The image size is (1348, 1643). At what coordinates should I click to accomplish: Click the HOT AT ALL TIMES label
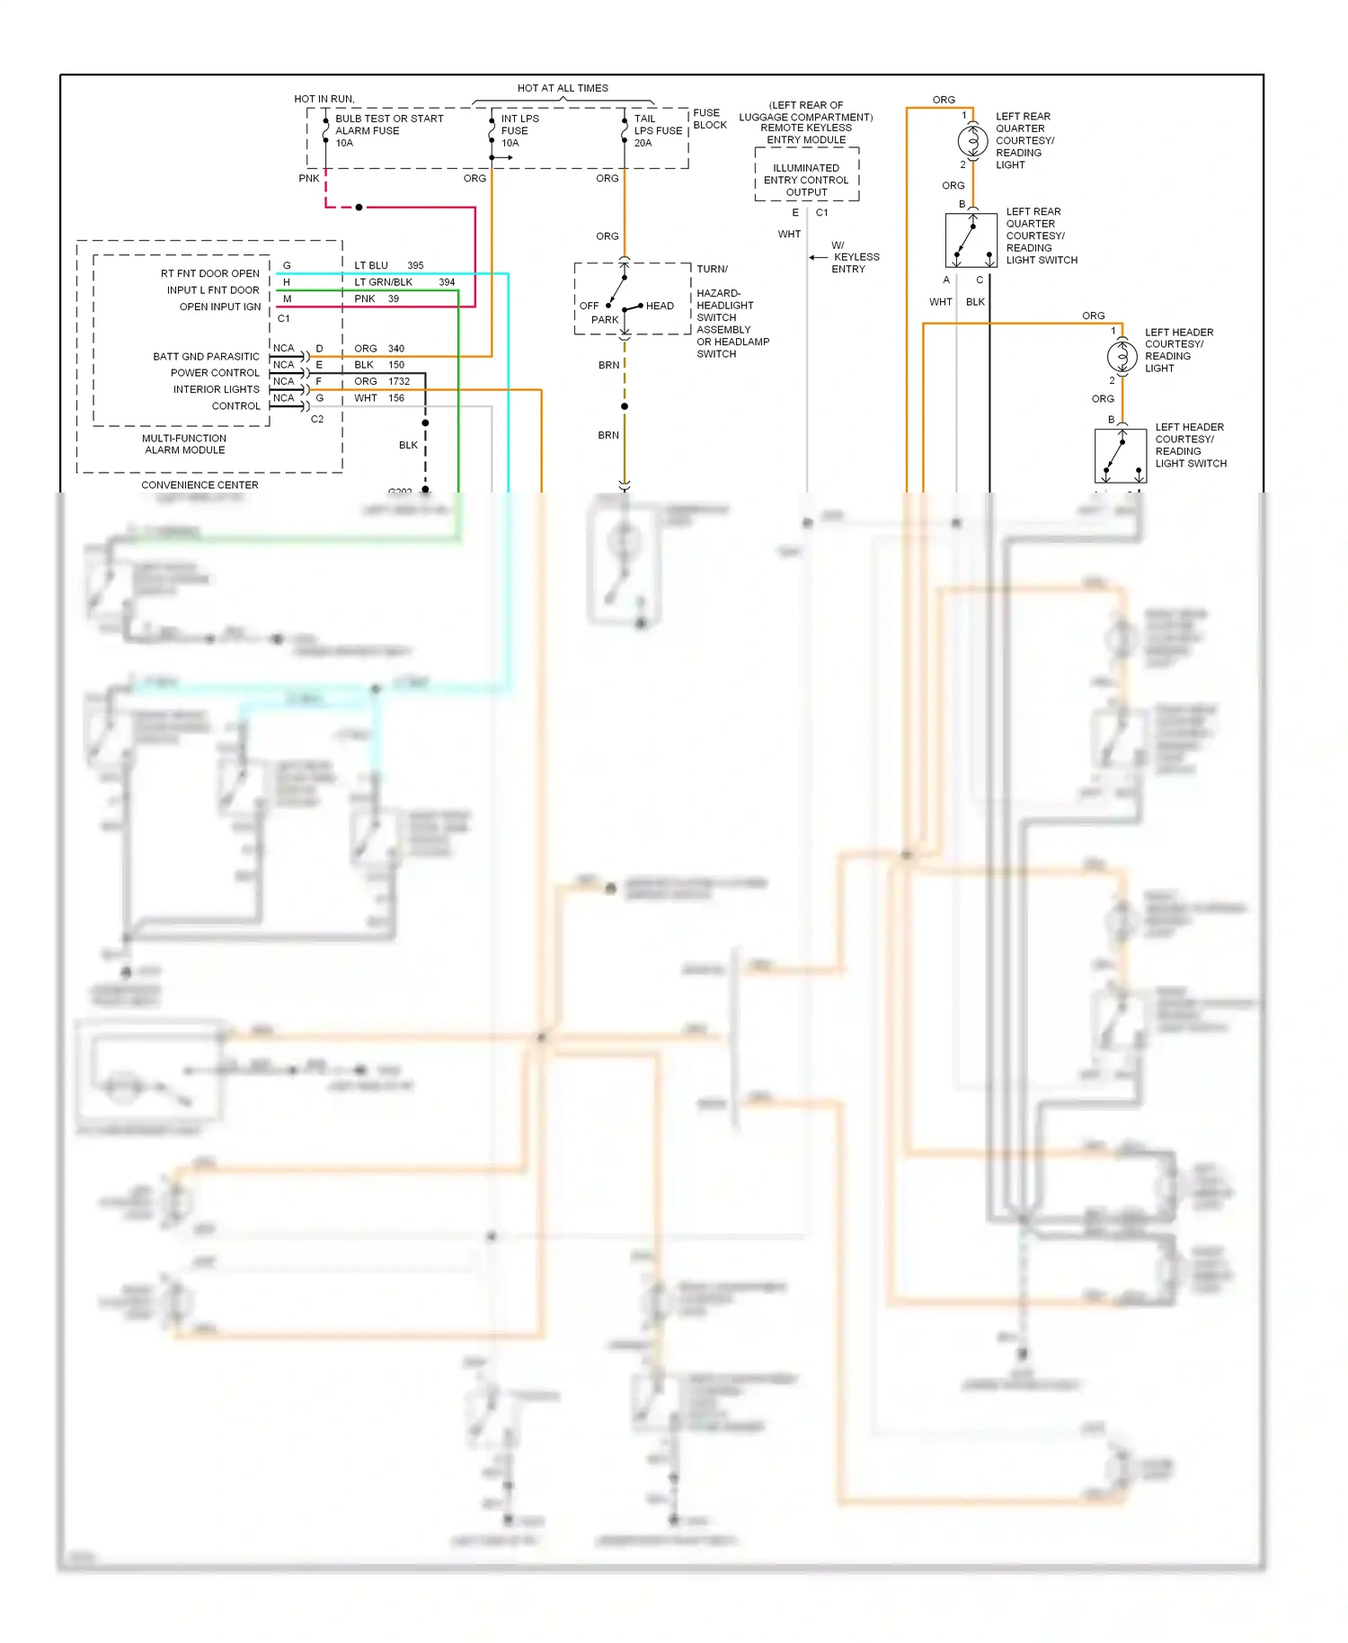(563, 88)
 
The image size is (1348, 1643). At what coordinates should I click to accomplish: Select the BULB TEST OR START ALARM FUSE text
(388, 125)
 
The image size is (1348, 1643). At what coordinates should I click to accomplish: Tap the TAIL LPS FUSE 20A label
(657, 131)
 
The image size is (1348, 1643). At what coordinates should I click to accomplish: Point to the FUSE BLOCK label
(709, 119)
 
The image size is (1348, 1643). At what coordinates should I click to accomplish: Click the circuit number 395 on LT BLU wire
(415, 266)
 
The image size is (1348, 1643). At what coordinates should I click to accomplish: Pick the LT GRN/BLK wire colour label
(383, 282)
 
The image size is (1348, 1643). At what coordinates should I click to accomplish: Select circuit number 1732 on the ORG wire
(399, 382)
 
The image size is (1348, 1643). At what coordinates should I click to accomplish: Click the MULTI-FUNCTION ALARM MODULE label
(184, 445)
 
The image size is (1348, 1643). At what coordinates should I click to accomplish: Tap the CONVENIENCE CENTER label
(200, 485)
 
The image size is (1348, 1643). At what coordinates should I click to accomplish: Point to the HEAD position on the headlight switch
(660, 306)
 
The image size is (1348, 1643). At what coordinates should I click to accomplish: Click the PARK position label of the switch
(605, 320)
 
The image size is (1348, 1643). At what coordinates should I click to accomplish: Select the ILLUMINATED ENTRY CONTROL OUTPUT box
(806, 180)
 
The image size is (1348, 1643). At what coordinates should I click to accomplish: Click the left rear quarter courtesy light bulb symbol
(972, 141)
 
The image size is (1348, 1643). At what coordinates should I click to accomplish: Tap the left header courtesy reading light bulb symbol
(1122, 357)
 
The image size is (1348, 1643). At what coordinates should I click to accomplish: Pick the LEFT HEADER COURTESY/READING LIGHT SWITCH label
(1190, 446)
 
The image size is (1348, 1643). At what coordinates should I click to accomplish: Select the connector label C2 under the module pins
(317, 420)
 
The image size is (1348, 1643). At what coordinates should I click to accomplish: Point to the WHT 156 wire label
(378, 398)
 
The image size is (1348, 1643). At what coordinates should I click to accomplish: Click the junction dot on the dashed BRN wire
(625, 407)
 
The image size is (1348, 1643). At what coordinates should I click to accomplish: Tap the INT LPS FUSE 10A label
(519, 131)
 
